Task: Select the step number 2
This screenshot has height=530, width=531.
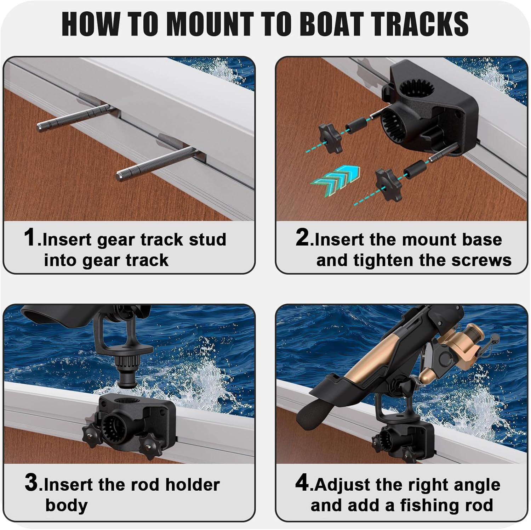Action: [x=302, y=237]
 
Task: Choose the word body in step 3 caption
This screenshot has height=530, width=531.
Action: [x=67, y=505]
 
